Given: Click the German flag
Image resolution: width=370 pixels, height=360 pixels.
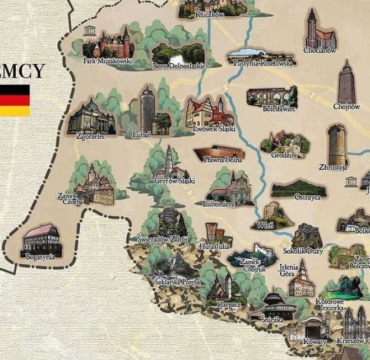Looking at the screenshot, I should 15,100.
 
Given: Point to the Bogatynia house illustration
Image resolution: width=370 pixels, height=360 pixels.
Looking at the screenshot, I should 40,239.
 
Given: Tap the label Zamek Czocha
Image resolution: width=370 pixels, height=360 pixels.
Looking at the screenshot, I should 71,198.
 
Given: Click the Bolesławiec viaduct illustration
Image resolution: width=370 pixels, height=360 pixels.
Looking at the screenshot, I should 272,96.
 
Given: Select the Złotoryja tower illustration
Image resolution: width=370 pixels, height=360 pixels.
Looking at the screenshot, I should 337,144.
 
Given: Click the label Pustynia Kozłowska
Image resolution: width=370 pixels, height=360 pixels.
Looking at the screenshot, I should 261,63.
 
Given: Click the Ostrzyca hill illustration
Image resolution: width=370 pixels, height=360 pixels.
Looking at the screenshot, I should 299,189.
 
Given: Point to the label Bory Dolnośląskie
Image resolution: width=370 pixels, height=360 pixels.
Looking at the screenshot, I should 179,66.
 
